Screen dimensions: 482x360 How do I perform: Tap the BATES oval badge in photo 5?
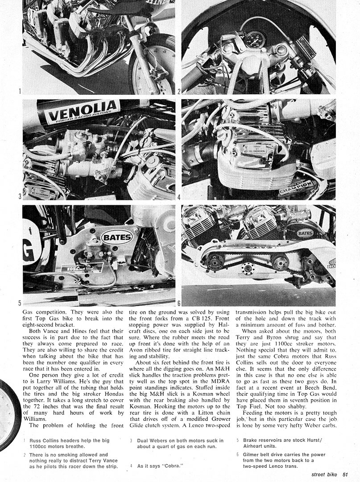click(117, 237)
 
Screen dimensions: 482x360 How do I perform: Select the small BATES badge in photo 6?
click(305, 233)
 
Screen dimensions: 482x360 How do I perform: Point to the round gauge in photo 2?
click(255, 40)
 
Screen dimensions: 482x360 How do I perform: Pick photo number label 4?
click(179, 196)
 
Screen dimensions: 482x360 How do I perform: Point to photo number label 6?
click(179, 303)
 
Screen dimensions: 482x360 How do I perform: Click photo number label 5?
click(20, 303)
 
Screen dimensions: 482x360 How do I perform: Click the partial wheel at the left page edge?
click(9, 415)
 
